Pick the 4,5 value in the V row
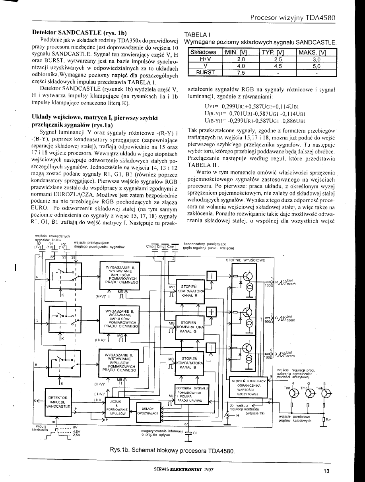click(277, 66)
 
